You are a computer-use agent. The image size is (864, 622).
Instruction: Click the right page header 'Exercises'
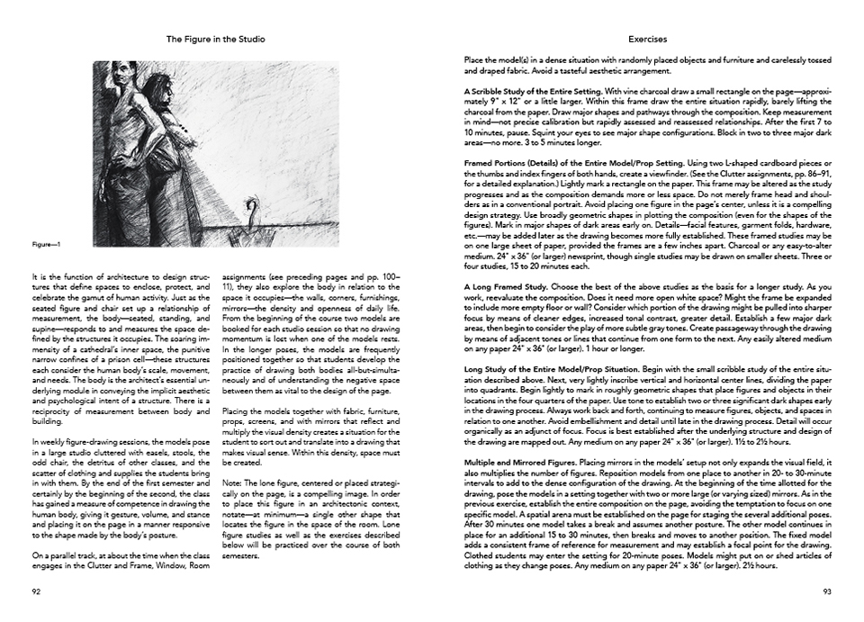[647, 40]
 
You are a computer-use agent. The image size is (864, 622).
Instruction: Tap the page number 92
[36, 591]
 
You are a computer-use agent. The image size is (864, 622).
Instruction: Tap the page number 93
[827, 591]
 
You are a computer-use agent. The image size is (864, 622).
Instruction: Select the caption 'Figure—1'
[46, 243]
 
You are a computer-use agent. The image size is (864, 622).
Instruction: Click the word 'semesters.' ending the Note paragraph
[240, 555]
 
